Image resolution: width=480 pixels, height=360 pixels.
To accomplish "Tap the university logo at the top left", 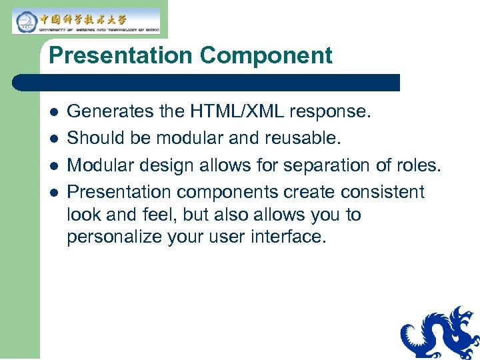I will [86, 21].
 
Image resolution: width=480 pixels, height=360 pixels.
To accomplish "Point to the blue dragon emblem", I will [441, 333].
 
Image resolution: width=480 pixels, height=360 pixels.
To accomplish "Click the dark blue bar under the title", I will [207, 83].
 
